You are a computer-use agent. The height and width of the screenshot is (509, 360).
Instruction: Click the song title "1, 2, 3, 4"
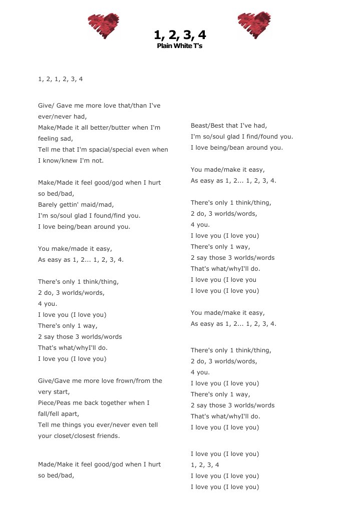point(180,35)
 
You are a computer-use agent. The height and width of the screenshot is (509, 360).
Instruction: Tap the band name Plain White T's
point(180,46)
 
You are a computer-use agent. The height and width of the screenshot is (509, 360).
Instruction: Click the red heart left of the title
point(104,26)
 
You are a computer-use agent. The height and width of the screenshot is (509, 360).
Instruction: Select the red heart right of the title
point(254,25)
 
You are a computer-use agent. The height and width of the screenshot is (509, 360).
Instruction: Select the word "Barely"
point(49,205)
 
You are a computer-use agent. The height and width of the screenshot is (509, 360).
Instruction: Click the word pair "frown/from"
point(133,381)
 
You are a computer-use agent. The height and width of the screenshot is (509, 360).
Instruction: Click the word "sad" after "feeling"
point(67,139)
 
